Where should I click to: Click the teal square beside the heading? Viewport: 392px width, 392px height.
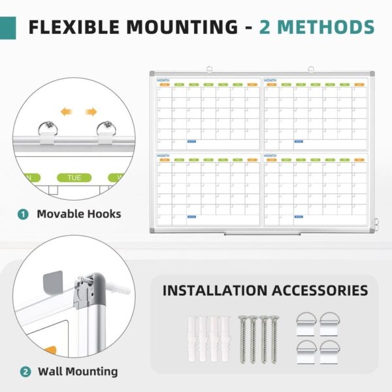pyautogui.click(x=7, y=27)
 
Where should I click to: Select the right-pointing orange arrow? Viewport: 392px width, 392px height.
pyautogui.click(x=91, y=111)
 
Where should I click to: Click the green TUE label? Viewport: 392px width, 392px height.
pyautogui.click(x=74, y=177)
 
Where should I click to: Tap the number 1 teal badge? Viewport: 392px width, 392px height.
pyautogui.click(x=24, y=214)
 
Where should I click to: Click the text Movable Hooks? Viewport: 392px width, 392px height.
pyautogui.click(x=78, y=214)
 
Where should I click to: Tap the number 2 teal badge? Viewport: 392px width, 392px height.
pyautogui.click(x=24, y=372)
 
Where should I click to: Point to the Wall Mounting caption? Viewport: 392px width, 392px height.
pyautogui.click(x=78, y=372)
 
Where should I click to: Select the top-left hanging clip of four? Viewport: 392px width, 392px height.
pyautogui.click(x=306, y=321)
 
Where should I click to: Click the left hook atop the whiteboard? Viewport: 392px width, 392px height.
pyautogui.click(x=209, y=67)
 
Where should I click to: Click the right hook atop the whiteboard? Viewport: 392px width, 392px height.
pyautogui.click(x=312, y=67)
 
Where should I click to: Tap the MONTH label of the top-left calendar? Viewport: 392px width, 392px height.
pyautogui.click(x=163, y=80)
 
